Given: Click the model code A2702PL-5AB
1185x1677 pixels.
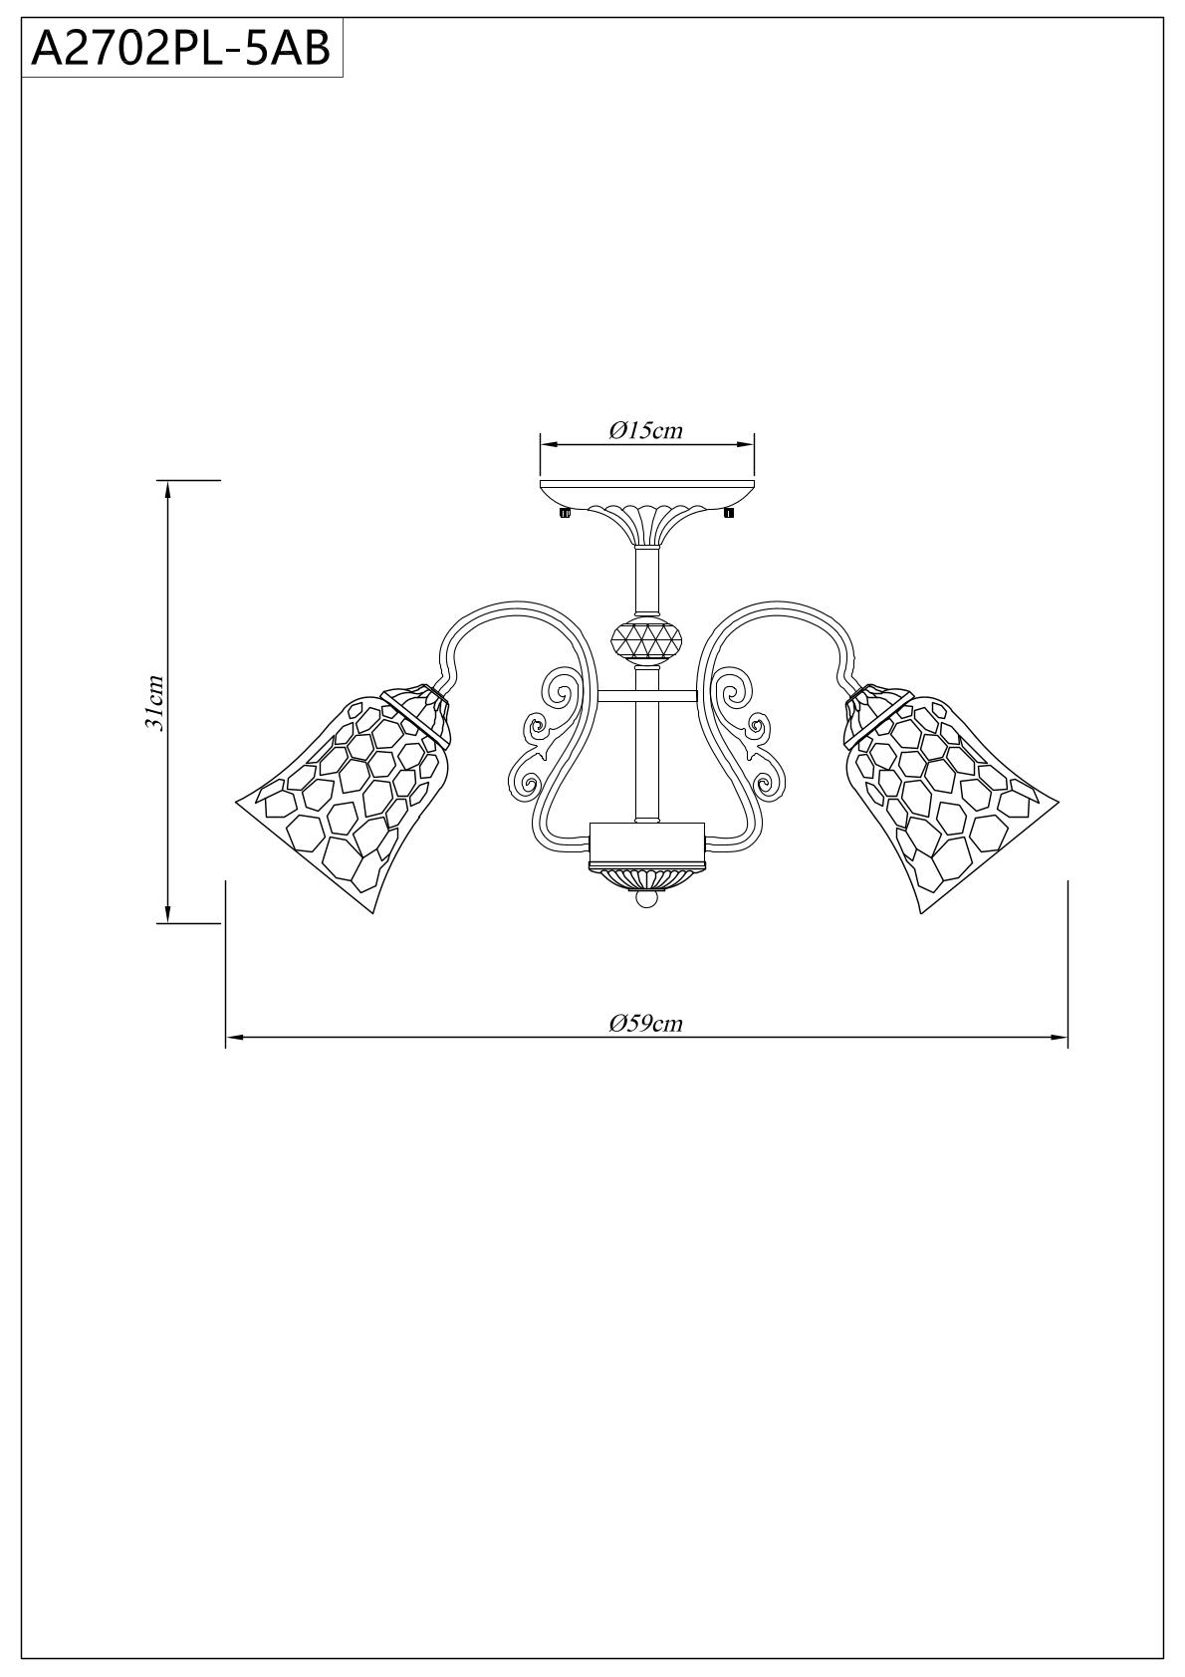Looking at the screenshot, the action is click(x=180, y=49).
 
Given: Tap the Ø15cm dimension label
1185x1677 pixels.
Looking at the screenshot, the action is click(x=646, y=430).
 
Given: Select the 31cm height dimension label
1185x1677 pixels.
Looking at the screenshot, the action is click(x=155, y=701).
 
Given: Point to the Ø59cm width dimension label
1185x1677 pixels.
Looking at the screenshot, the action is click(x=646, y=1023).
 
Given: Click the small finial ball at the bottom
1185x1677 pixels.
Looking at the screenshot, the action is click(x=647, y=898).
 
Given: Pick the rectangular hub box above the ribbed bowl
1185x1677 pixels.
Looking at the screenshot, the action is click(x=647, y=842).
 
